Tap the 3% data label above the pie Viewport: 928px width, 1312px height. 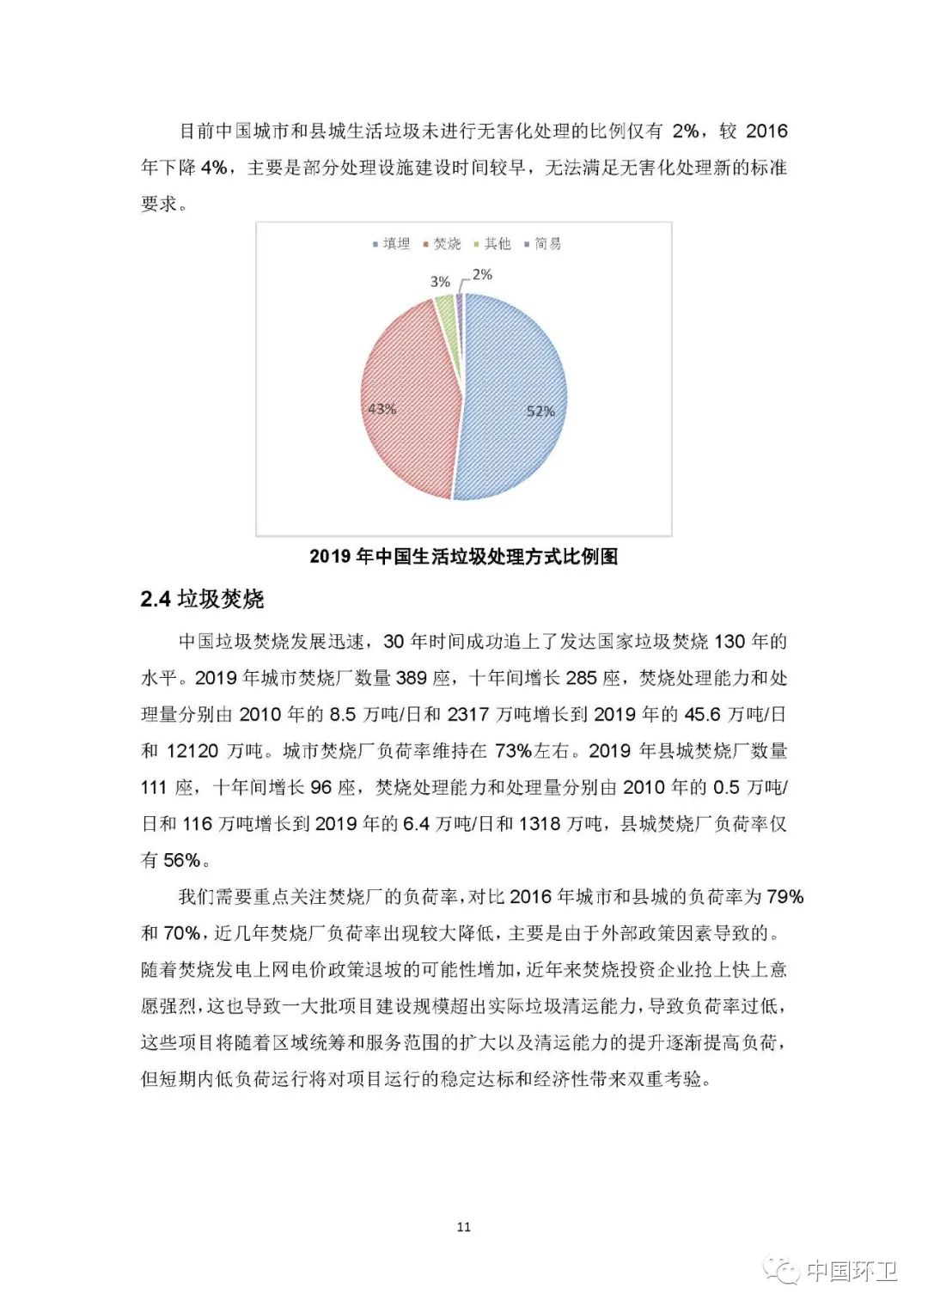[x=440, y=282]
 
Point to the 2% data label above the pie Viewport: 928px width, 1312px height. [x=482, y=275]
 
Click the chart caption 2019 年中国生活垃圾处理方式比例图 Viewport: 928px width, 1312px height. [x=463, y=557]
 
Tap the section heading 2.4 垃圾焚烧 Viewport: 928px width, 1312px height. [x=202, y=599]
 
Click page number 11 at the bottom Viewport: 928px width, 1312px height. [x=464, y=1226]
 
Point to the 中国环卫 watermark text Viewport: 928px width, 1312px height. [x=851, y=1271]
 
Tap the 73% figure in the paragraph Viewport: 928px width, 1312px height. [x=513, y=751]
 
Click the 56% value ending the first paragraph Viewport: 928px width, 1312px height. [x=181, y=860]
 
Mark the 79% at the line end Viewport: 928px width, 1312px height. [x=785, y=897]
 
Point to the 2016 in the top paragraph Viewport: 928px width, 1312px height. [x=766, y=131]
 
